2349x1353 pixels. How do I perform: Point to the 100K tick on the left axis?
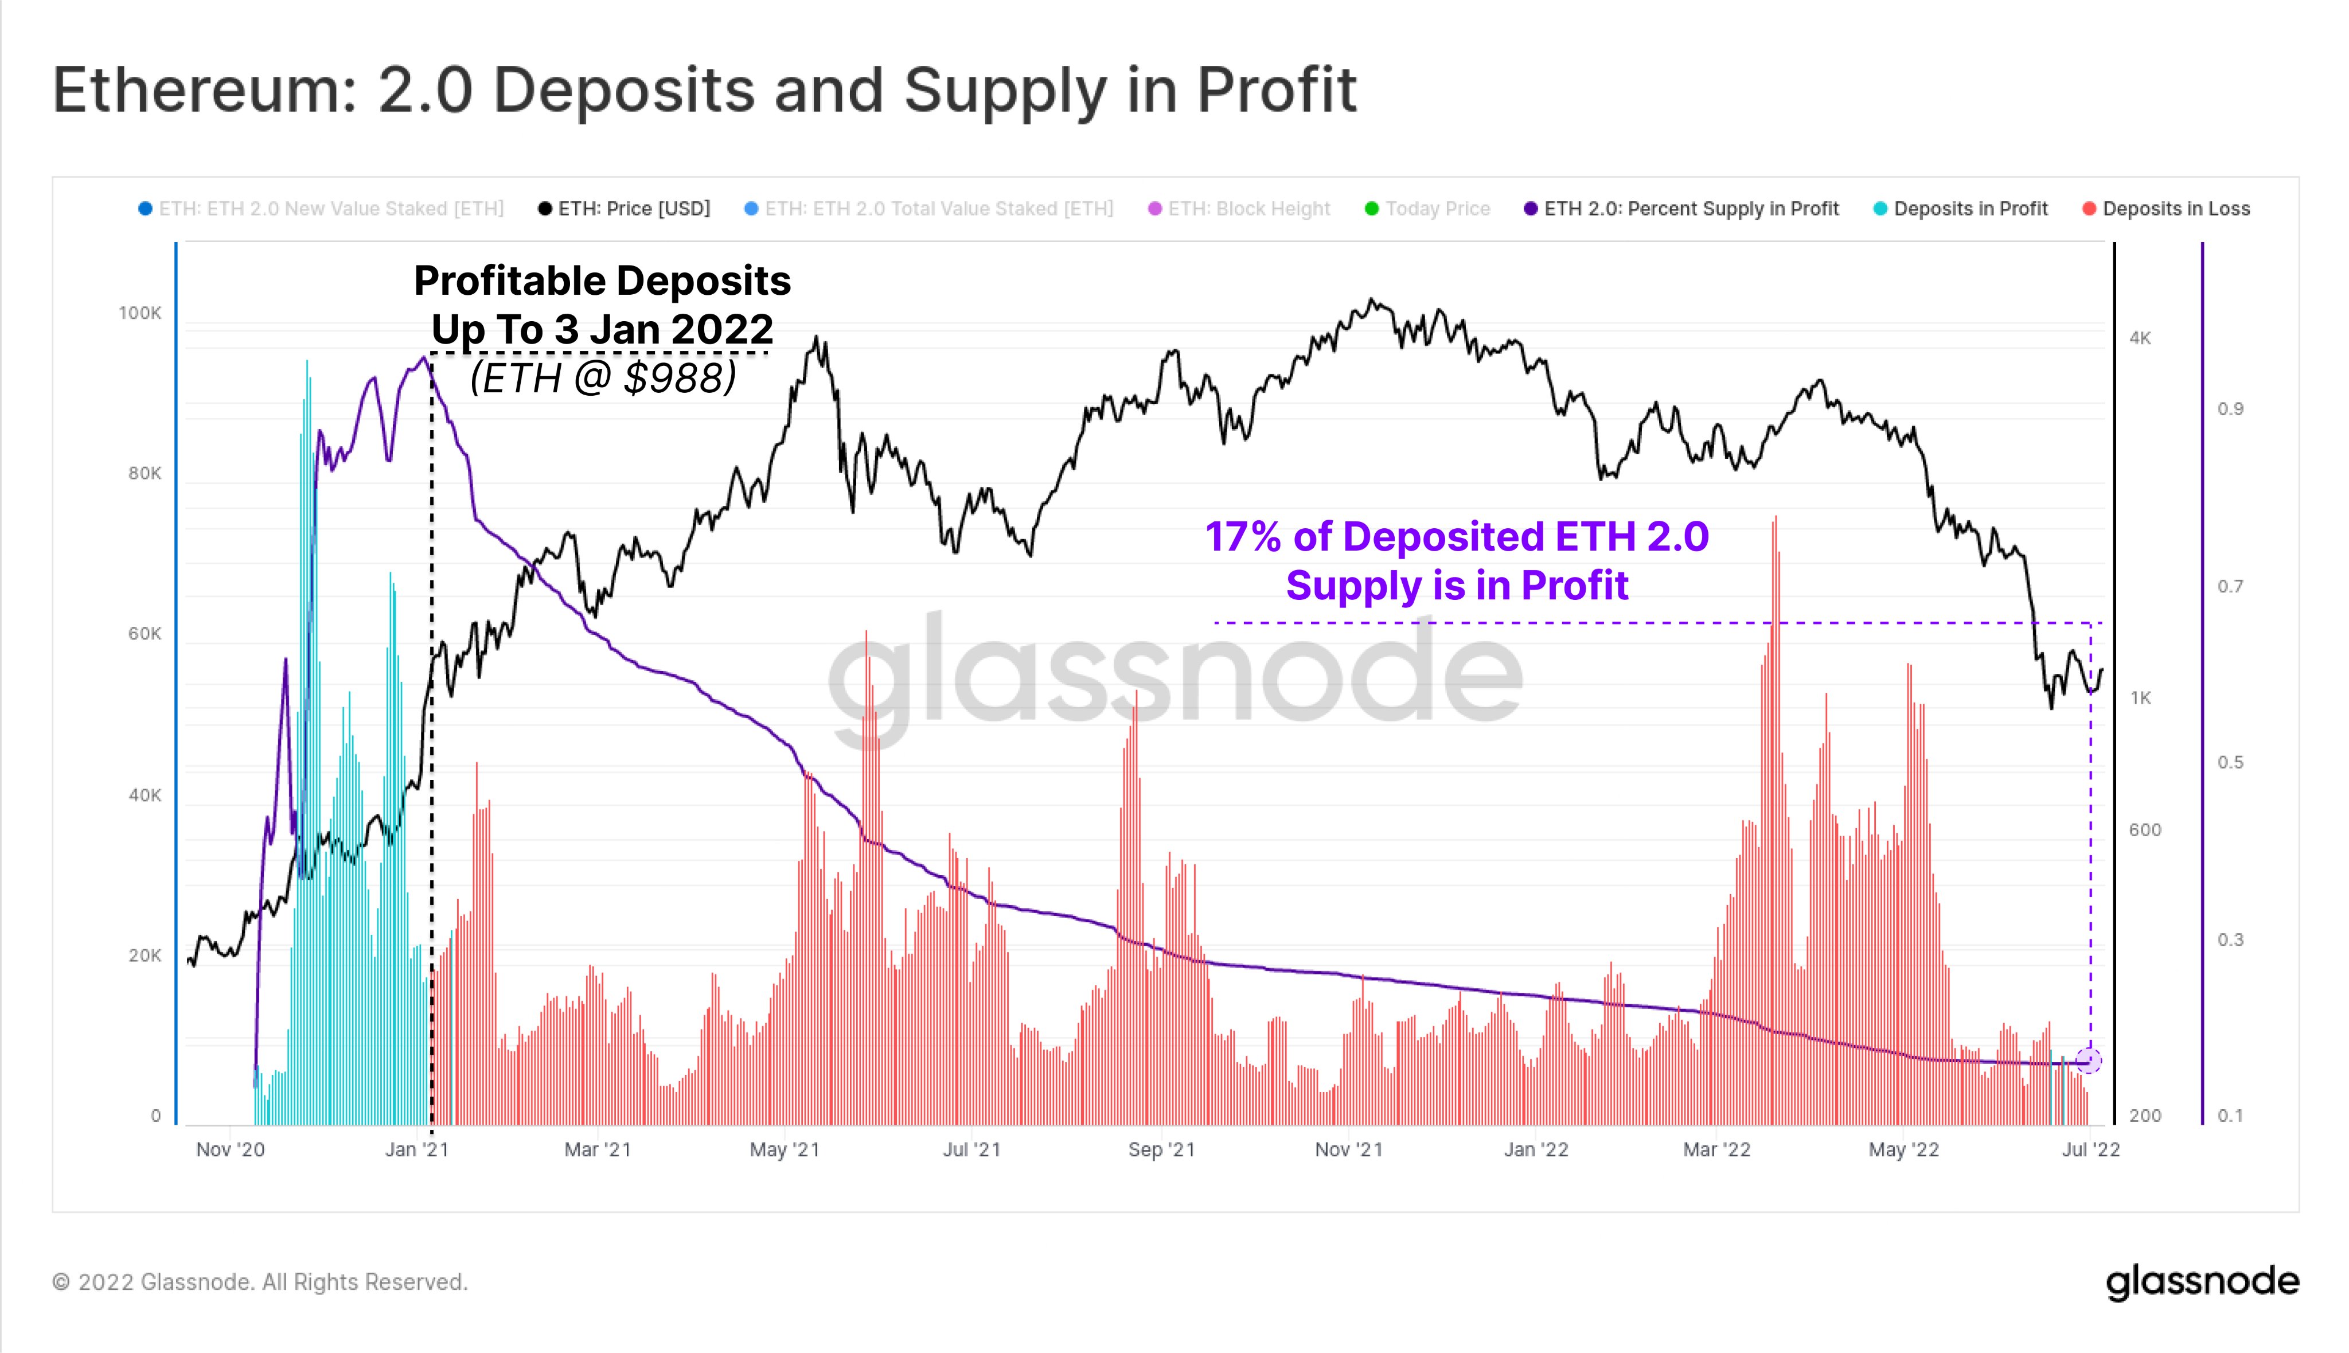pyautogui.click(x=141, y=313)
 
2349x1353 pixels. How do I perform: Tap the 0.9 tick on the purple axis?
pyautogui.click(x=2230, y=409)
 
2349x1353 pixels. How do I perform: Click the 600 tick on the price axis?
pyautogui.click(x=2145, y=830)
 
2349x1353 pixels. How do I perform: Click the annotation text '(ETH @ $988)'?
pyautogui.click(x=603, y=378)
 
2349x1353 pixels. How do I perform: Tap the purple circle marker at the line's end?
pyautogui.click(x=2089, y=1060)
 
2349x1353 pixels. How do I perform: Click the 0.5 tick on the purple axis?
pyautogui.click(x=2230, y=763)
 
